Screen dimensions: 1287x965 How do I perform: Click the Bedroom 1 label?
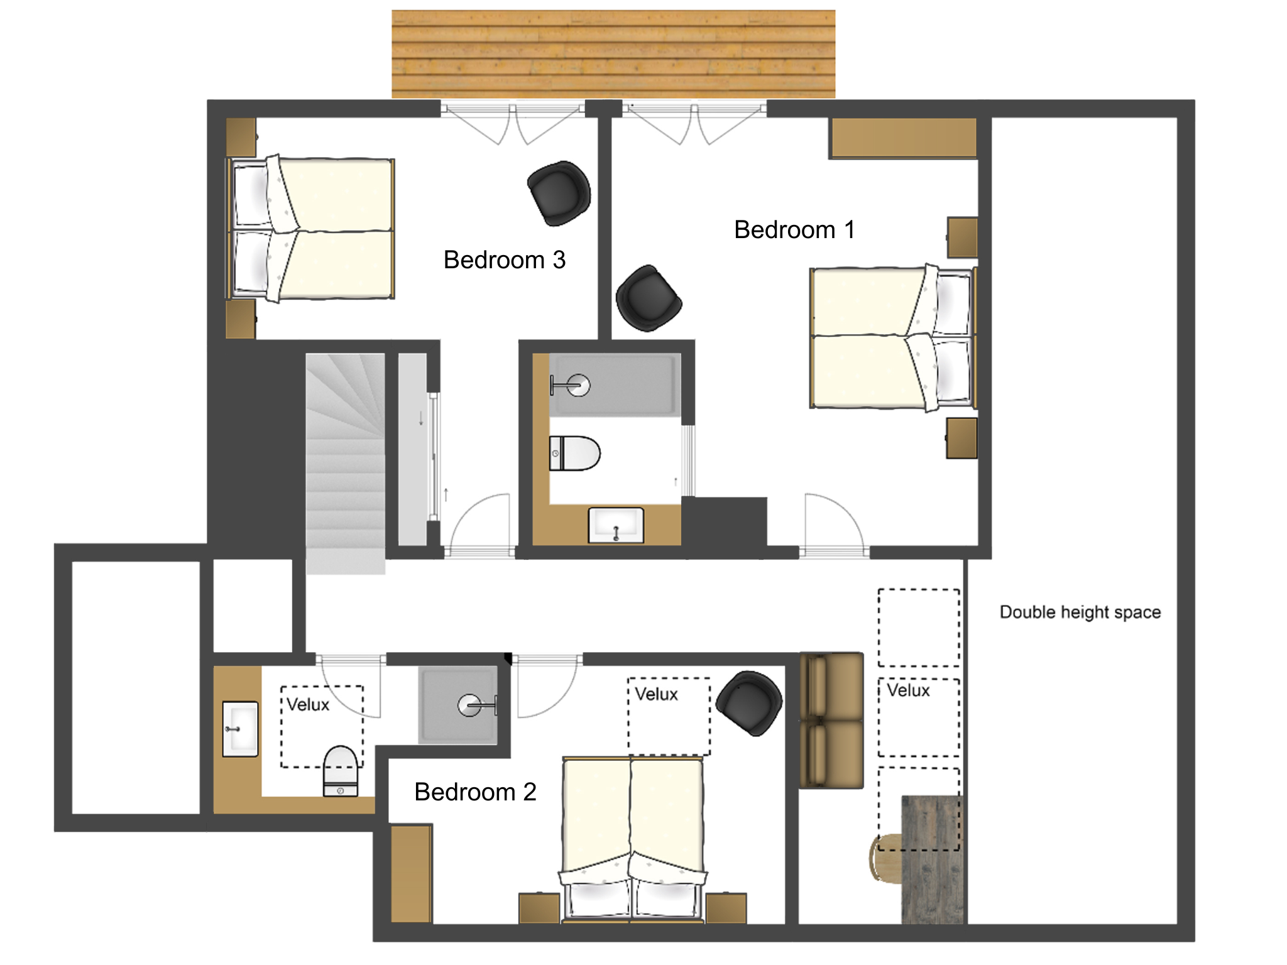tap(794, 230)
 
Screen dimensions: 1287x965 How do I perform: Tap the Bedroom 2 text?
tap(475, 792)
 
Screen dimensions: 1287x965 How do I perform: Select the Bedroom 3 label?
tap(505, 260)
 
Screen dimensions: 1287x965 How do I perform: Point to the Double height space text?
tap(1080, 612)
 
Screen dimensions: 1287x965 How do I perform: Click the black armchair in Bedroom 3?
tap(559, 193)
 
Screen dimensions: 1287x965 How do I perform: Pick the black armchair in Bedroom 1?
tap(649, 298)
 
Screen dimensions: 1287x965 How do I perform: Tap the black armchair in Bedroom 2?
tap(750, 703)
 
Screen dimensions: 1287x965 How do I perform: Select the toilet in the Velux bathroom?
tap(341, 771)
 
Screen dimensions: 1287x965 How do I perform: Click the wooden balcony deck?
tap(613, 54)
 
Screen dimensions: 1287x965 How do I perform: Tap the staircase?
tap(345, 464)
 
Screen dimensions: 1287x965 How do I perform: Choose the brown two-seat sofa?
tap(831, 720)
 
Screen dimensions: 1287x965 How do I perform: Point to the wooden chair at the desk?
tap(886, 858)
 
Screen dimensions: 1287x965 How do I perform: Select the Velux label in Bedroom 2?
tap(656, 694)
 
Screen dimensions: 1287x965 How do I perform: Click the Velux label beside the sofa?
tap(908, 690)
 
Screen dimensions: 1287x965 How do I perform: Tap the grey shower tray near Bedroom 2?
tap(458, 705)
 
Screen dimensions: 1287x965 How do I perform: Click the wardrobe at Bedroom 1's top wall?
tap(904, 138)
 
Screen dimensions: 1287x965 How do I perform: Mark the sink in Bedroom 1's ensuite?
tap(616, 525)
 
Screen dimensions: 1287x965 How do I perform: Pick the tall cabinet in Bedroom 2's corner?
tap(411, 874)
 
